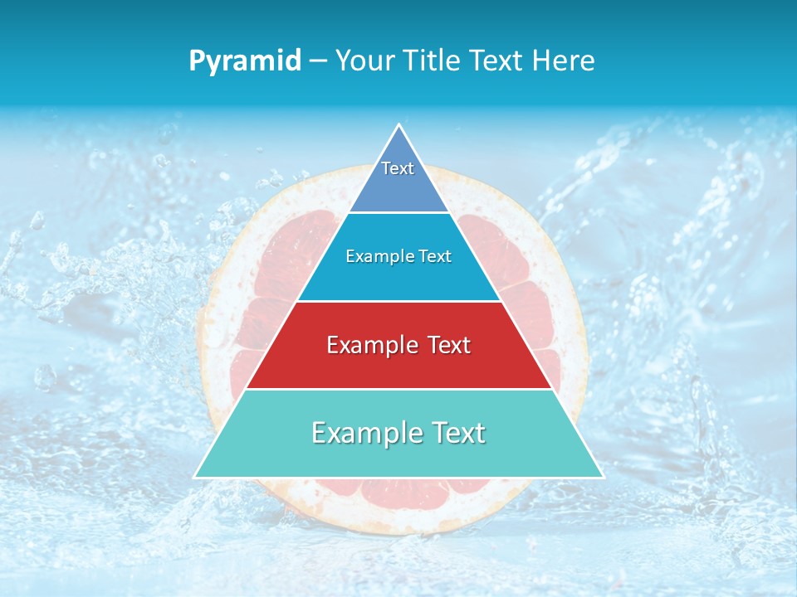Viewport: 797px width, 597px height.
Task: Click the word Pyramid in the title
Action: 244,61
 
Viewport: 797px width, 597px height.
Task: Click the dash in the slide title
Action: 317,61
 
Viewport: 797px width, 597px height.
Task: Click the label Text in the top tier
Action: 398,168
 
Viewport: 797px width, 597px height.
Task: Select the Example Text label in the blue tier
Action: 398,256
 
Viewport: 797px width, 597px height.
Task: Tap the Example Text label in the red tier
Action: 398,345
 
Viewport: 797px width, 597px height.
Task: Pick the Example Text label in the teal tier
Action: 398,433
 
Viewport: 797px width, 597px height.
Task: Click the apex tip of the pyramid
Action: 399,125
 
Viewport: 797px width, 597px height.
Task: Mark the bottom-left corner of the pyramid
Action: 195,477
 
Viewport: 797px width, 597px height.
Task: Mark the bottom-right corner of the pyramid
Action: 602,477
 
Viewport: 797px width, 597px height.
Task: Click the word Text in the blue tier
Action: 433,256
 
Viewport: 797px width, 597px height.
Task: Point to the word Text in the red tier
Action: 446,345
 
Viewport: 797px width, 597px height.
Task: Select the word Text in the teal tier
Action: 457,433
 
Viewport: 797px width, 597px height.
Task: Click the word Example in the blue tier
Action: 379,256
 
